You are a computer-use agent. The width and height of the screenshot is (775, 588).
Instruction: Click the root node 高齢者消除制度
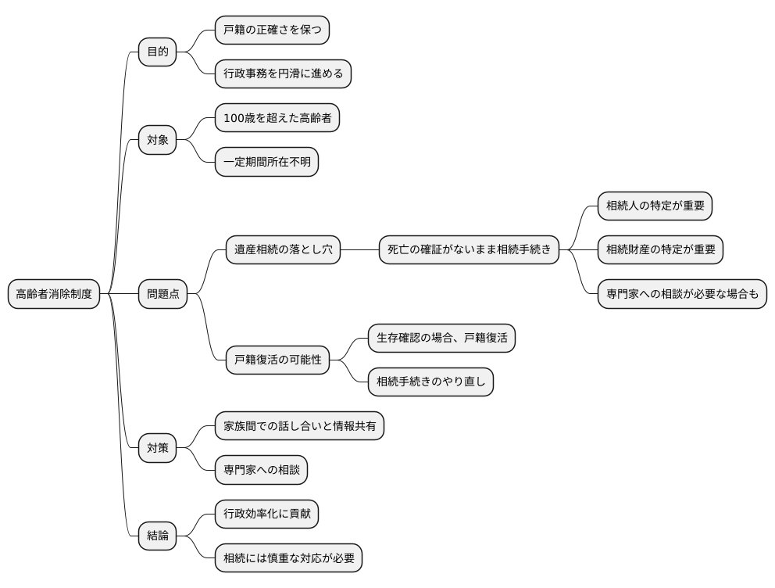pos(54,294)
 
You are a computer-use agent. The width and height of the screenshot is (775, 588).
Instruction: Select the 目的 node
pos(157,52)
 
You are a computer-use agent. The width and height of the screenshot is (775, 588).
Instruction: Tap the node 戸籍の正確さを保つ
pos(272,30)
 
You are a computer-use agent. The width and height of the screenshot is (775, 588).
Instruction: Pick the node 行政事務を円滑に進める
pos(284,74)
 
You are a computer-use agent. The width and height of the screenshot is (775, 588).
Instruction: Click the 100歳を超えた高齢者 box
pos(277,119)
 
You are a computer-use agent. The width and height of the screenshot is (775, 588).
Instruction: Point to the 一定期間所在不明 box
pos(266,163)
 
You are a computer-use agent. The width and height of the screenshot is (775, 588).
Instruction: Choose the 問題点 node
pos(163,294)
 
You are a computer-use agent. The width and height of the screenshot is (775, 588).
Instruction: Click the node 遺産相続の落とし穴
pos(283,250)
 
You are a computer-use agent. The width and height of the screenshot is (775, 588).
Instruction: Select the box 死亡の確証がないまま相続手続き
pos(469,250)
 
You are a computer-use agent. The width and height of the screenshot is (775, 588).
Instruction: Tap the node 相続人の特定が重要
pos(655,206)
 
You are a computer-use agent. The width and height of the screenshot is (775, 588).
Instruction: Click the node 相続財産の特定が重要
pos(660,250)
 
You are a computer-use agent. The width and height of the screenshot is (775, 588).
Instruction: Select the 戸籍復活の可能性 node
pos(277,361)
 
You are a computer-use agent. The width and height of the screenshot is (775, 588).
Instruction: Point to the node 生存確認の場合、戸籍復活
pos(441,339)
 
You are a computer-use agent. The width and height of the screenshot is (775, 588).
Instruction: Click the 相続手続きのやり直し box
pos(430,382)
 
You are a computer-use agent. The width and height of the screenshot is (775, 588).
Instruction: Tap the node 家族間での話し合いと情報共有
pos(299,426)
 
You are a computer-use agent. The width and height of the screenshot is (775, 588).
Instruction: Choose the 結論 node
pos(157,536)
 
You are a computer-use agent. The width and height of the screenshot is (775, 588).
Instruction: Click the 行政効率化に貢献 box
pos(266,514)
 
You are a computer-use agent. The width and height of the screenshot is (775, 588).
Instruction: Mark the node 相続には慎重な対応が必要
pos(288,558)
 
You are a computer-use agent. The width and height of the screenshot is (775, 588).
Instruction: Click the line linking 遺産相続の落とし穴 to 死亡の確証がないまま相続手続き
pos(359,250)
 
